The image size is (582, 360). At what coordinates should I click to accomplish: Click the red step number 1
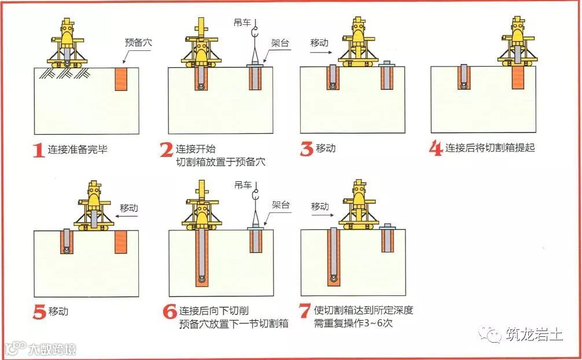(38, 150)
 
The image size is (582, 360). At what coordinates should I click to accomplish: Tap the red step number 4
(436, 148)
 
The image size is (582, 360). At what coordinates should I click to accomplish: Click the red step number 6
(170, 313)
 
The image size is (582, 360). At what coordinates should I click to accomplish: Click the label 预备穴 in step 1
(139, 42)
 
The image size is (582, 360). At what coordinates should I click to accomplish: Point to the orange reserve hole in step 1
(120, 79)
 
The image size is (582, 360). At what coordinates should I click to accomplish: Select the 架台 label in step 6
(280, 205)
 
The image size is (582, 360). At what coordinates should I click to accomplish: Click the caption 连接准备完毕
(78, 149)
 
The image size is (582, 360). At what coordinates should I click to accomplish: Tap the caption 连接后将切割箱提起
(489, 148)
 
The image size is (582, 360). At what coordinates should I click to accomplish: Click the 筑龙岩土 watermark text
(533, 335)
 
